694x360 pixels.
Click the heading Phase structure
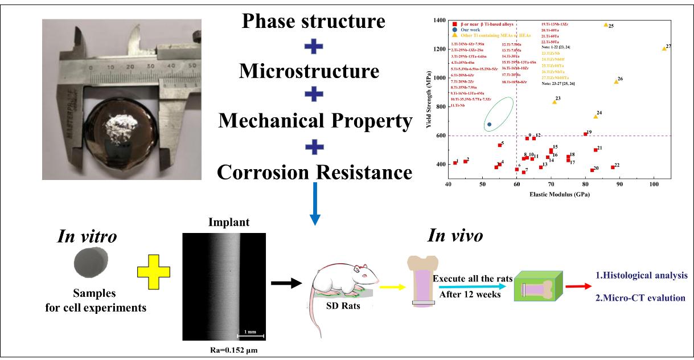click(x=313, y=22)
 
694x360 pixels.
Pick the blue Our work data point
click(x=489, y=124)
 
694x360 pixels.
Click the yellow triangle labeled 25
click(x=606, y=25)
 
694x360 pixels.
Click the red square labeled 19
click(x=585, y=134)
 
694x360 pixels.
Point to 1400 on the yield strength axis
click(x=440, y=21)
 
